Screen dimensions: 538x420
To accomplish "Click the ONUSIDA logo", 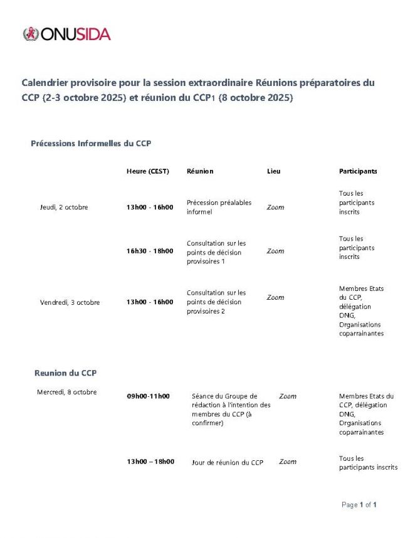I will pos(66,34).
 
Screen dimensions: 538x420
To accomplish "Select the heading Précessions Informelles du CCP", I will pos(91,144).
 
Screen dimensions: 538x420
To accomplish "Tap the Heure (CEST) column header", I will pos(148,171).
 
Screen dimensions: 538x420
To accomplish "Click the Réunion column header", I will pos(200,171).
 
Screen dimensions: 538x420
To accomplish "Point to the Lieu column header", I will pos(274,171).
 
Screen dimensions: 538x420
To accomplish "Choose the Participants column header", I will pos(358,171).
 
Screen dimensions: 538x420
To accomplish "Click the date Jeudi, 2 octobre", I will pos(64,208).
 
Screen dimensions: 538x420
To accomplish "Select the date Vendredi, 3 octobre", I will pos(70,302).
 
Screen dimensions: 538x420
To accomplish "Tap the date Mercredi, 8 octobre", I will pos(67,393).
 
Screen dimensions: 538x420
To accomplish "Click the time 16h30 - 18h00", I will pos(150,251).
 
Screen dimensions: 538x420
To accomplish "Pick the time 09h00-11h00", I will pos(148,396).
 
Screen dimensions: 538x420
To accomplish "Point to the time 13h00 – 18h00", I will pos(150,462).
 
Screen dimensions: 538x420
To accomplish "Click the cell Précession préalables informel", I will pos(211,207).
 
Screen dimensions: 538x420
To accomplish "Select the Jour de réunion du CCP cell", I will pos(228,463).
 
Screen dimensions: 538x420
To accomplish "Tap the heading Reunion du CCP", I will pos(65,373).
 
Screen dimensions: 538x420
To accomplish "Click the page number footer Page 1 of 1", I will pos(359,505).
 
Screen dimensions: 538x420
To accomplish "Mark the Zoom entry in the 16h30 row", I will pos(275,251).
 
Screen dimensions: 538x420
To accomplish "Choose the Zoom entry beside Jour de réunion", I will pos(288,462).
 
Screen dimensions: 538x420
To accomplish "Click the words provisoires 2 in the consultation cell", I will pos(206,311).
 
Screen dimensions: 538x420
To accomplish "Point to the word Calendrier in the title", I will pos(46,83).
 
